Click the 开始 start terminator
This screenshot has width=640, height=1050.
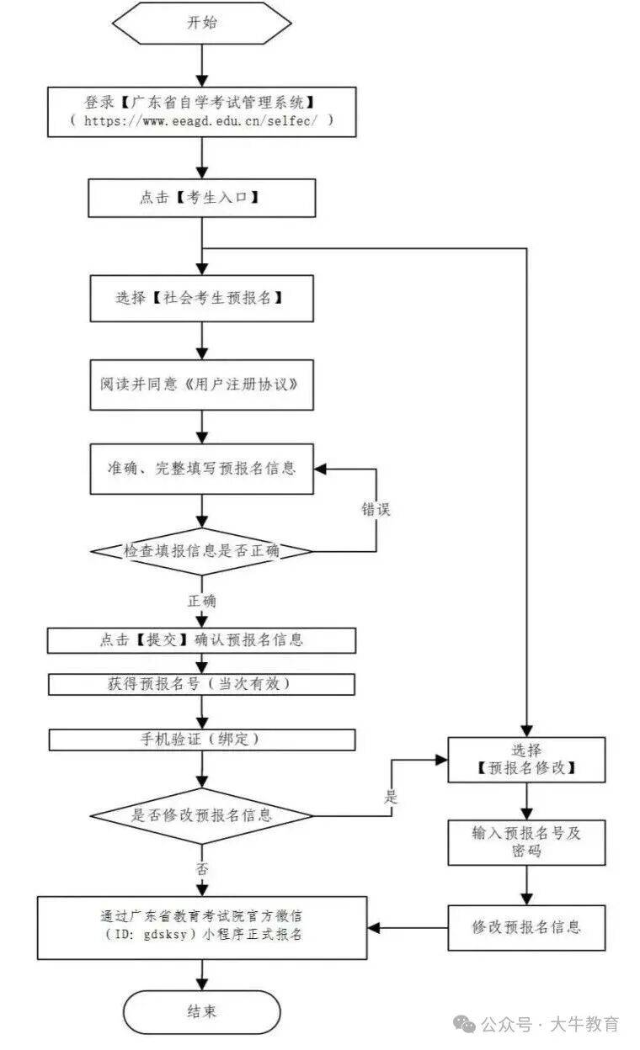pos(202,23)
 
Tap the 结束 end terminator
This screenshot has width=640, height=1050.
pos(202,1010)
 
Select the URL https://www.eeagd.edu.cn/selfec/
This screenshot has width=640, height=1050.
pos(202,120)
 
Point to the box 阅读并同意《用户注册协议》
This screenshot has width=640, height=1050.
pos(202,385)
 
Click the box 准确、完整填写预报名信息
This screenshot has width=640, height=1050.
pos(202,469)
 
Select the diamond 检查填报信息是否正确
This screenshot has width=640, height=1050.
pos(202,551)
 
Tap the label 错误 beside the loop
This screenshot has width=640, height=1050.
pos(376,510)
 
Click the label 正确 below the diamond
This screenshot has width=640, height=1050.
pos(202,601)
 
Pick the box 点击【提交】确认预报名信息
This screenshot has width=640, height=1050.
pos(202,639)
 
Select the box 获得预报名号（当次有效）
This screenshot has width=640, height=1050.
pos(202,684)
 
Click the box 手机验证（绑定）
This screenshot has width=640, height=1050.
pos(202,740)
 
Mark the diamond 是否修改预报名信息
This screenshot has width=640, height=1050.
pos(202,814)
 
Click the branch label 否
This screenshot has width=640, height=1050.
pos(202,869)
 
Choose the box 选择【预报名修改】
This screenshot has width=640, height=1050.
pos(526,759)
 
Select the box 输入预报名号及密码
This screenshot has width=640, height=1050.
pos(526,841)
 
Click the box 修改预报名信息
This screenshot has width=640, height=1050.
pos(526,927)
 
